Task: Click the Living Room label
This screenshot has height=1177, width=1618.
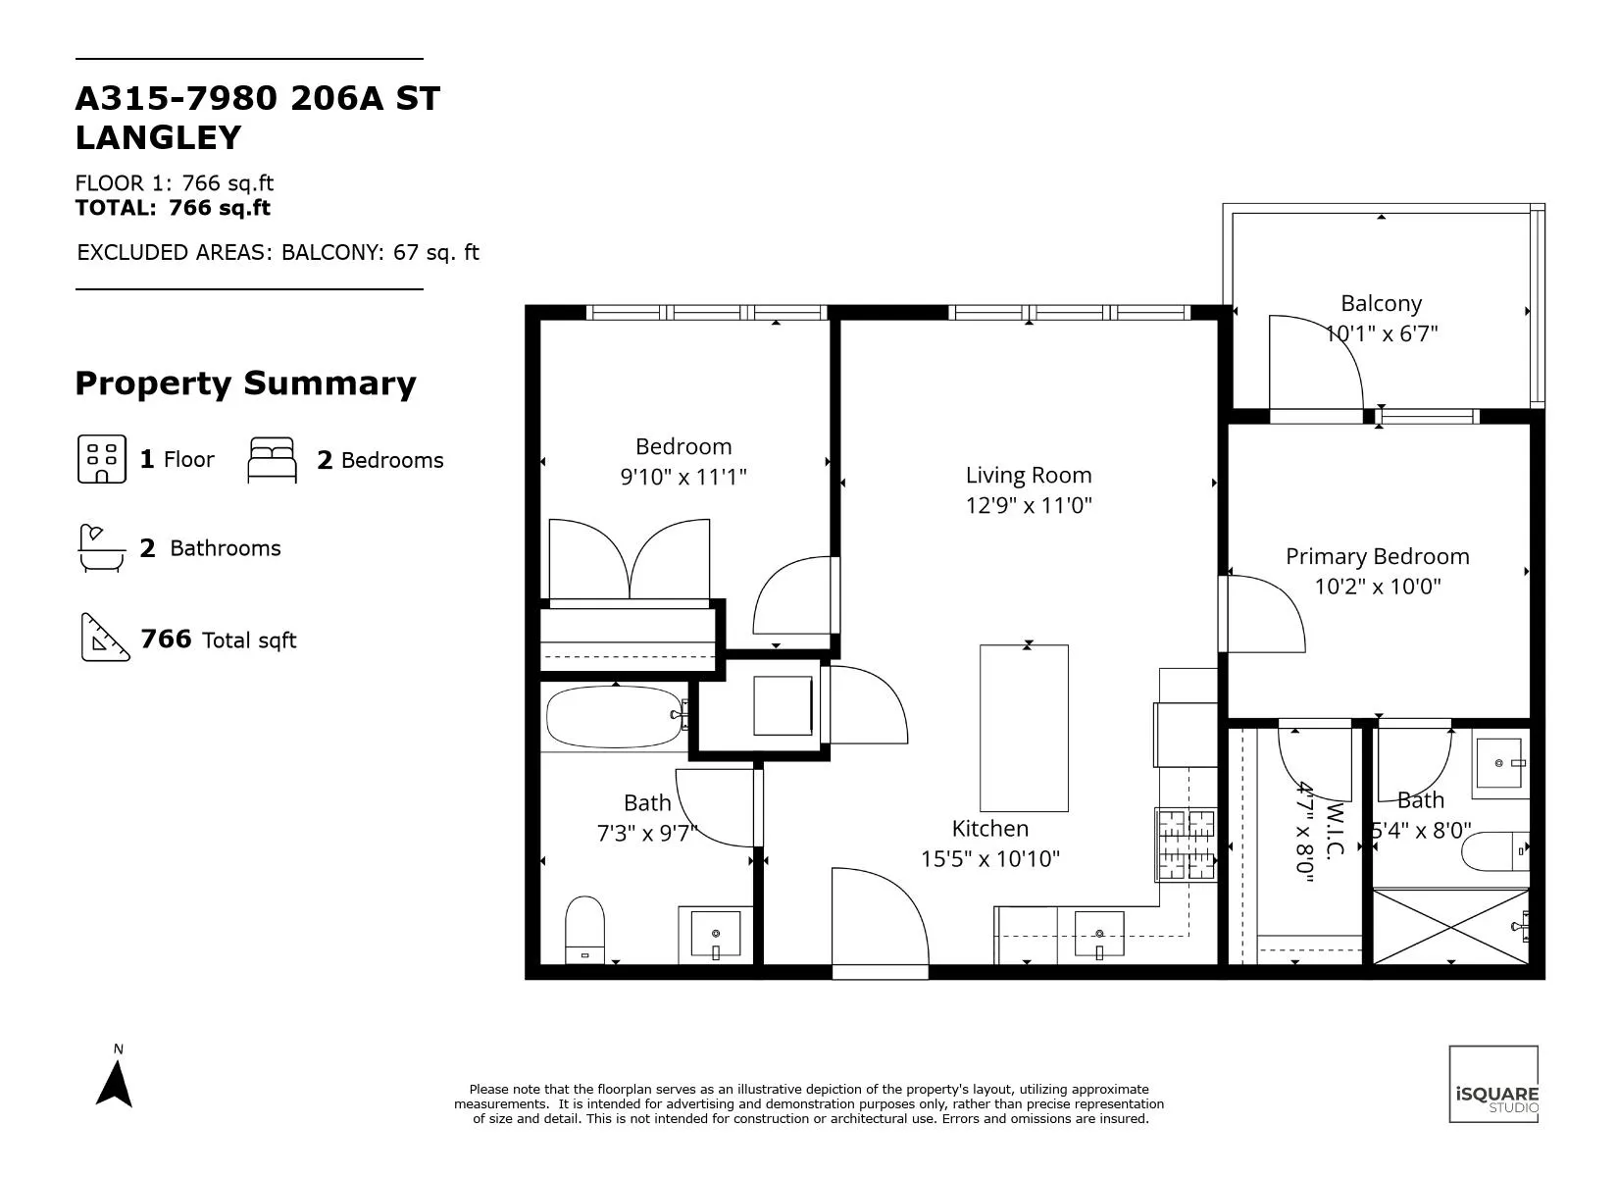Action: tap(1028, 476)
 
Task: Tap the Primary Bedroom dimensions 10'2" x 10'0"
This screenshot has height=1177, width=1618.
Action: tap(1377, 587)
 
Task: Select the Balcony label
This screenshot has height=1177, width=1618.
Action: tap(1381, 304)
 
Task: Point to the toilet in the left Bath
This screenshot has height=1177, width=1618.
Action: tap(584, 929)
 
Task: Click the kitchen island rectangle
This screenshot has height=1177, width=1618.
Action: tap(1024, 728)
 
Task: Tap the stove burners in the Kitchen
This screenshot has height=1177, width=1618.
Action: tap(1186, 844)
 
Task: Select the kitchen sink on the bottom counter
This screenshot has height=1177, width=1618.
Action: tap(1099, 934)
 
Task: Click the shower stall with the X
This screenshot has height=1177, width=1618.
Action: tap(1449, 927)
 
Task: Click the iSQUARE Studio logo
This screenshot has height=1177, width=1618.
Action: tap(1493, 1084)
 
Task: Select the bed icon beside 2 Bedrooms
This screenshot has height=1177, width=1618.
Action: tap(272, 460)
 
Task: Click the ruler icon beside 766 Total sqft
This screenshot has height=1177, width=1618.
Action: tap(105, 639)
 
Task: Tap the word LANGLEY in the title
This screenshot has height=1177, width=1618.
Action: tap(158, 138)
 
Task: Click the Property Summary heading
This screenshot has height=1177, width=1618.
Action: tap(245, 384)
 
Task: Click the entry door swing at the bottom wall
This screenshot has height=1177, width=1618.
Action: tap(879, 920)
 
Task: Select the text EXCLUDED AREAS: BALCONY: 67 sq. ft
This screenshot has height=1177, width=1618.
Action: tap(278, 253)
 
